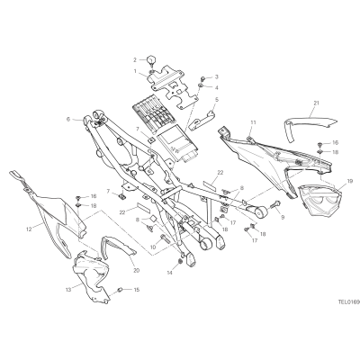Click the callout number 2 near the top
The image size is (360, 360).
(135, 60)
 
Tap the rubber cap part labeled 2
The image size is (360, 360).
(151, 58)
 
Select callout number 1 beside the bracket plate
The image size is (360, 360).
(135, 71)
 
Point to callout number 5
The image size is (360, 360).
(217, 99)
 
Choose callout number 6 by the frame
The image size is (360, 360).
(68, 119)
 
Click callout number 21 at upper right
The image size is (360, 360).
(316, 103)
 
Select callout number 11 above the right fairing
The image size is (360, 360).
(254, 122)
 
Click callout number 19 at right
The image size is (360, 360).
(349, 181)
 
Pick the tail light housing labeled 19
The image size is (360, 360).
(319, 201)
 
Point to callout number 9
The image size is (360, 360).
(283, 216)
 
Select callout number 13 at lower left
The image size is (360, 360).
(67, 290)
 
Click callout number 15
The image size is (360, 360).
(137, 290)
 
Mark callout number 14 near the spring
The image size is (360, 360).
(171, 273)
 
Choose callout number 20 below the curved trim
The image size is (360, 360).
(137, 270)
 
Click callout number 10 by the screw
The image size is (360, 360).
(153, 247)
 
